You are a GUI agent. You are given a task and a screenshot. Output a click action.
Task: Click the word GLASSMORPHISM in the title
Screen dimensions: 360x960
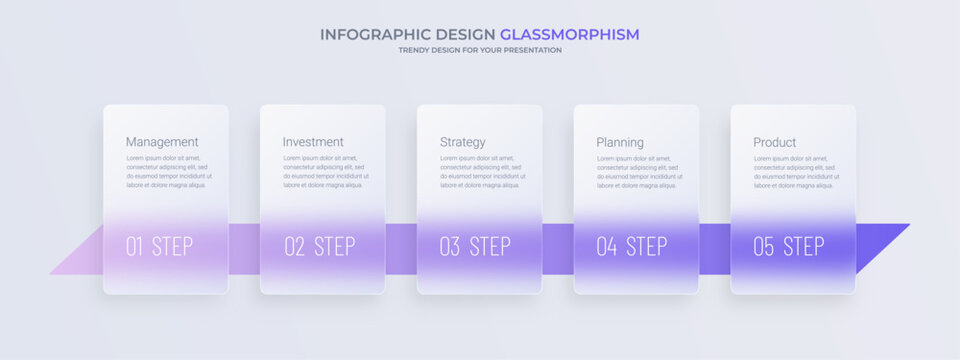[569, 34]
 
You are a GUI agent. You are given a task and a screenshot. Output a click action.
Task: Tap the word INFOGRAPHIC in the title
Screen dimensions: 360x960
[364, 34]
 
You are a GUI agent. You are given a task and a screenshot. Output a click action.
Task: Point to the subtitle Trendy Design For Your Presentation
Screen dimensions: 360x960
[480, 50]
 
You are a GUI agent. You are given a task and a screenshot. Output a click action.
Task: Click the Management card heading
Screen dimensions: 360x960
[162, 142]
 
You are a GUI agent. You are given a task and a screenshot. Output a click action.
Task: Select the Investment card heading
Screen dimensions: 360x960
[313, 142]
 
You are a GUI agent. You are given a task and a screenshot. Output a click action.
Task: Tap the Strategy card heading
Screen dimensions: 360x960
[463, 142]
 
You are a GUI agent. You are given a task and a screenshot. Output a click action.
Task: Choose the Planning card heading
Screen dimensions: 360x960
[620, 142]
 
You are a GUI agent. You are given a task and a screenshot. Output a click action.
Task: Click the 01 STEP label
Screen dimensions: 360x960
[159, 246]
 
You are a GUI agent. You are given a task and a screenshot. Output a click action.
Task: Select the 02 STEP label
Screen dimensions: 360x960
[319, 246]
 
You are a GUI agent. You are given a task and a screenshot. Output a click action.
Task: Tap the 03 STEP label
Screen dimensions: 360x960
[475, 246]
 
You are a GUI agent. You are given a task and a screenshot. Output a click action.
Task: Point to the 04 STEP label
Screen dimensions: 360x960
[632, 246]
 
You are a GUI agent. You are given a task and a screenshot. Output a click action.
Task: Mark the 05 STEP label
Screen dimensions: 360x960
[789, 246]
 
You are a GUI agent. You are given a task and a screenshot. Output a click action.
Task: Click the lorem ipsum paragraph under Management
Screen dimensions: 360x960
[166, 171]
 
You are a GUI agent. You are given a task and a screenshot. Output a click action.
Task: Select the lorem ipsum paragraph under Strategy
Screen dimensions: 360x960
[480, 171]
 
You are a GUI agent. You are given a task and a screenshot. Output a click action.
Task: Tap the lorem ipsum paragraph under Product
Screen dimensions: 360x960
[793, 171]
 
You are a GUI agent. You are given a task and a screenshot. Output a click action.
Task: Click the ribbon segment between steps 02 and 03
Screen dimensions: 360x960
[401, 248]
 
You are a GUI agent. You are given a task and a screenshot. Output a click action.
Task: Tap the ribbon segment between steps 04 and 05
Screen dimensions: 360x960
[714, 248]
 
